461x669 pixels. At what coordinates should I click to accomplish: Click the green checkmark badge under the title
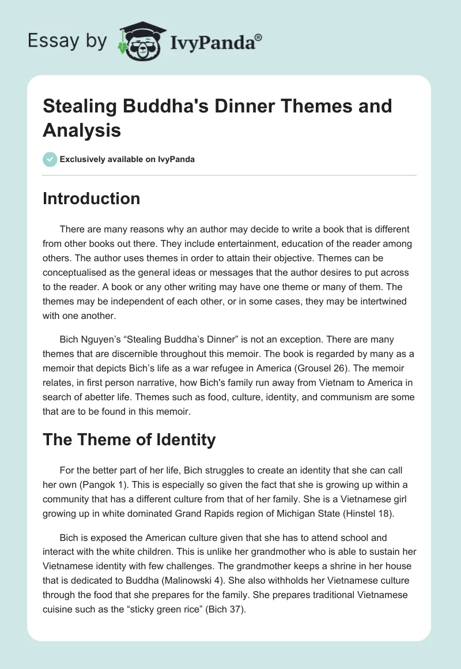click(x=50, y=159)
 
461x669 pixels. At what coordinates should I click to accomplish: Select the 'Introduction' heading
click(x=92, y=198)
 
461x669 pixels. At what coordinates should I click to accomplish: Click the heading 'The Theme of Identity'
click(x=129, y=440)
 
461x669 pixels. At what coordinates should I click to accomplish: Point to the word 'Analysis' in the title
click(x=82, y=130)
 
